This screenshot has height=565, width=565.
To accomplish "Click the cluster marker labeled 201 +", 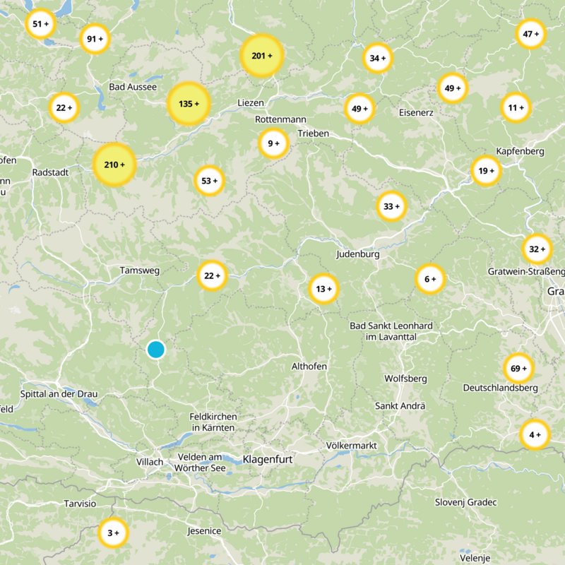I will (261, 55).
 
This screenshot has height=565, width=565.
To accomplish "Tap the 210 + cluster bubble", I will (114, 165).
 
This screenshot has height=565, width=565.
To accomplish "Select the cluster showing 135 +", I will (189, 104).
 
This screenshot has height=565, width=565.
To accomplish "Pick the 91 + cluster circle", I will (95, 40).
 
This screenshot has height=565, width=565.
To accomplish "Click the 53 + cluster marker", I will (210, 181).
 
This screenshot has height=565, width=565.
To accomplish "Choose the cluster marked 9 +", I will (273, 143).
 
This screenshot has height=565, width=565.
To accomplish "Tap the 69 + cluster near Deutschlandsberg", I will (518, 368).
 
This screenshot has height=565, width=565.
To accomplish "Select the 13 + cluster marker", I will (324, 289).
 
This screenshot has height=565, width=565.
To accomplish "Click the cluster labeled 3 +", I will (112, 533).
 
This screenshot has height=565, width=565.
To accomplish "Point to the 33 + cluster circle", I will (391, 206).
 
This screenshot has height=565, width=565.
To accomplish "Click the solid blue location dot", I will (155, 349).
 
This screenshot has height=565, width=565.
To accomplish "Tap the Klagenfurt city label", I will (268, 460).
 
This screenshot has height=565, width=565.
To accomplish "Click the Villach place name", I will (149, 462).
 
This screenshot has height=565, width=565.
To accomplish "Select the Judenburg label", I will (358, 254).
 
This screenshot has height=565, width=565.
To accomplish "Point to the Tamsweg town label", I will (140, 270).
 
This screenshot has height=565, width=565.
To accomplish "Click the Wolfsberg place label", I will (405, 379).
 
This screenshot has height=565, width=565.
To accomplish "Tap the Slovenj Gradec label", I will (465, 502).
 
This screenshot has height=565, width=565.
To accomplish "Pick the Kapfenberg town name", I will (520, 152).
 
